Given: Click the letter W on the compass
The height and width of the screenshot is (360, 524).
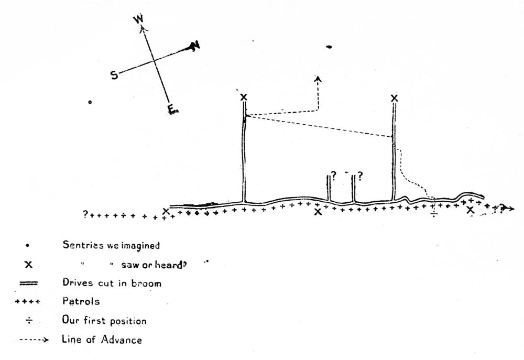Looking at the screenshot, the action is pyautogui.click(x=138, y=19).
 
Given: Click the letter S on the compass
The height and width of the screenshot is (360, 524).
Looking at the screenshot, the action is pyautogui.click(x=114, y=75).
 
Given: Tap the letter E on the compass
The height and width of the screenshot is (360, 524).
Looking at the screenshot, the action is pyautogui.click(x=172, y=110).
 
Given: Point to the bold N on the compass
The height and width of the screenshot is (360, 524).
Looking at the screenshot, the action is pyautogui.click(x=194, y=46).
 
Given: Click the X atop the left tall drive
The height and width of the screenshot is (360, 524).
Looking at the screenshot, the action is pyautogui.click(x=244, y=97).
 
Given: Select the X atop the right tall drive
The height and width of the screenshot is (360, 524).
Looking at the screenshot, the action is pyautogui.click(x=395, y=99).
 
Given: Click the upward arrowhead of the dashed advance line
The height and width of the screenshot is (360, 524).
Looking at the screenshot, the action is pyautogui.click(x=318, y=79).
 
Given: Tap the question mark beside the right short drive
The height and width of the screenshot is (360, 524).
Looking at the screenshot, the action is pyautogui.click(x=360, y=176).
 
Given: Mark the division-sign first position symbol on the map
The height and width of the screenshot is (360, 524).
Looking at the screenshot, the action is pyautogui.click(x=434, y=213).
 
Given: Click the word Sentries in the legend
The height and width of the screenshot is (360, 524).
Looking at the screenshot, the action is pyautogui.click(x=83, y=245).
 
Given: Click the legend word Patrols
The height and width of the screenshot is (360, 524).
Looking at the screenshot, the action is pyautogui.click(x=81, y=301).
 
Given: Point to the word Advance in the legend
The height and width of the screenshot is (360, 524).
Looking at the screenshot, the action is pyautogui.click(x=122, y=340).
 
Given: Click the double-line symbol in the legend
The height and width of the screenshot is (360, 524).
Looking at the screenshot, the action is pyautogui.click(x=28, y=283).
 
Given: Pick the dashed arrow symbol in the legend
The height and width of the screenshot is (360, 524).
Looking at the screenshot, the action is pyautogui.click(x=34, y=340).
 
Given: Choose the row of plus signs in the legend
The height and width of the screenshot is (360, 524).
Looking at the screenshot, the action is pyautogui.click(x=27, y=302).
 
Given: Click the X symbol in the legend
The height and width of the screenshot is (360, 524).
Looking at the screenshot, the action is pyautogui.click(x=29, y=265).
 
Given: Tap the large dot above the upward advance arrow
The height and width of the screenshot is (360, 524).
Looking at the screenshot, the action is pyautogui.click(x=329, y=47).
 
